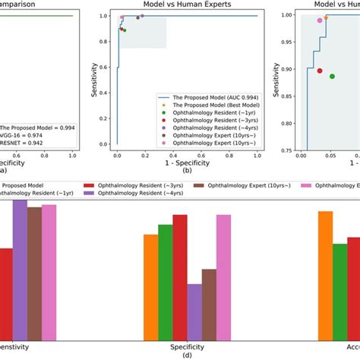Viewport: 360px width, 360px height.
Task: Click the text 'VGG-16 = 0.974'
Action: coord(28,138)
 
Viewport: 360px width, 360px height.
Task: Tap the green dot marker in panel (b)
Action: coord(125,30)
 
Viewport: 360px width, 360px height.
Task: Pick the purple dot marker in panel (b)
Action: coord(142,16)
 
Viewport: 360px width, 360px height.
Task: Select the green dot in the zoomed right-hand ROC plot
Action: coord(332,77)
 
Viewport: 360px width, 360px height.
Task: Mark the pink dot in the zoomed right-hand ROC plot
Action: coord(320,21)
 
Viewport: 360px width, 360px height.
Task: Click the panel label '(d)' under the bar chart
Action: coord(187,355)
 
